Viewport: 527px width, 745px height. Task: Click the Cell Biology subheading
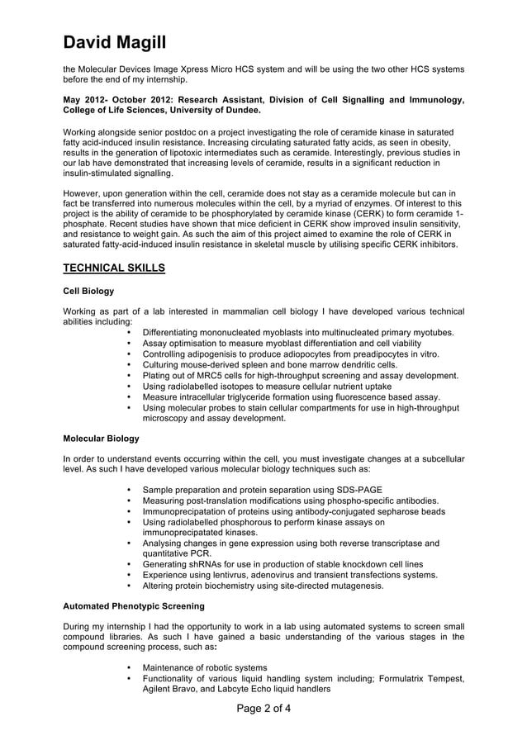(x=88, y=291)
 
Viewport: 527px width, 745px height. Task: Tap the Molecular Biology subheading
(x=101, y=438)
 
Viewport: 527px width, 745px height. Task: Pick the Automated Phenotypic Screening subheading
(x=134, y=606)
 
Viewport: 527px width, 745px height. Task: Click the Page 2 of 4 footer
(x=263, y=708)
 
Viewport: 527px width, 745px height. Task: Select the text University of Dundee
(x=221, y=110)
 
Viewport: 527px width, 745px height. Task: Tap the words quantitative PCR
(x=177, y=553)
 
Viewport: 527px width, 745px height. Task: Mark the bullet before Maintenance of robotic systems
(x=131, y=667)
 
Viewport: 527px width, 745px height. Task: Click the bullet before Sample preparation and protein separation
(x=131, y=489)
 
